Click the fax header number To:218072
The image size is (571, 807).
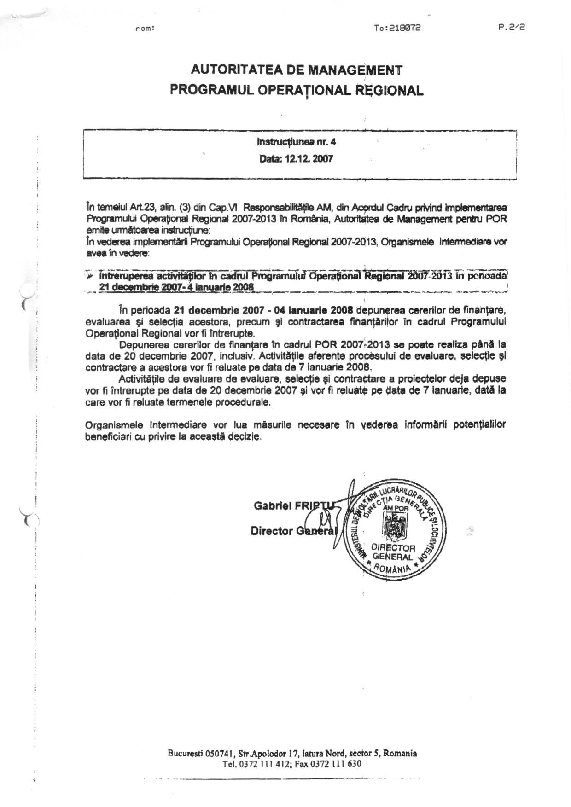pyautogui.click(x=397, y=28)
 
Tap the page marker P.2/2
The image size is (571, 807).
pyautogui.click(x=511, y=27)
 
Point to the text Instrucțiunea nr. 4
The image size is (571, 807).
pyautogui.click(x=296, y=142)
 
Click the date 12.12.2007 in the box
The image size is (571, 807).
pyautogui.click(x=310, y=159)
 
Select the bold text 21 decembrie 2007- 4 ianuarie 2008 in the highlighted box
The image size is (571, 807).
pyautogui.click(x=177, y=286)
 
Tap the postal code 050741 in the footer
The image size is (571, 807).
pyautogui.click(x=221, y=754)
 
